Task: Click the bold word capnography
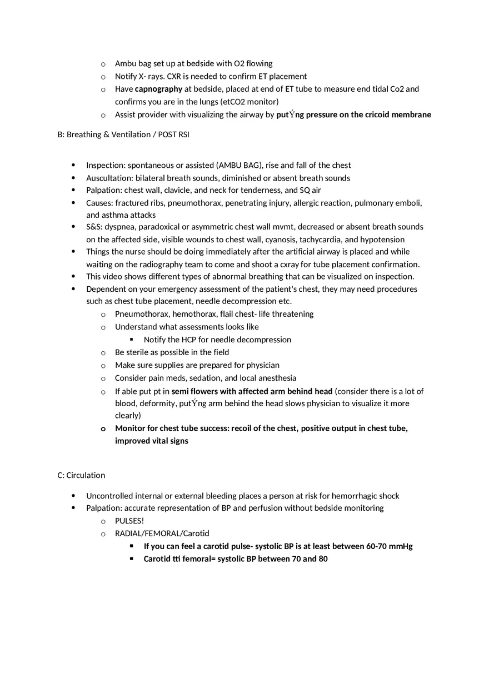(x=158, y=89)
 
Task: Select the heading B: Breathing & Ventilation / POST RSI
(x=123, y=134)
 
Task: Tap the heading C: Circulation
(x=81, y=475)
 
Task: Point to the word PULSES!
(x=129, y=521)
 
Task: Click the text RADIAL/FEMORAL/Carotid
(x=162, y=534)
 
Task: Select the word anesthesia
(x=276, y=378)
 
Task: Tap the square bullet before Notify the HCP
(x=132, y=340)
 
